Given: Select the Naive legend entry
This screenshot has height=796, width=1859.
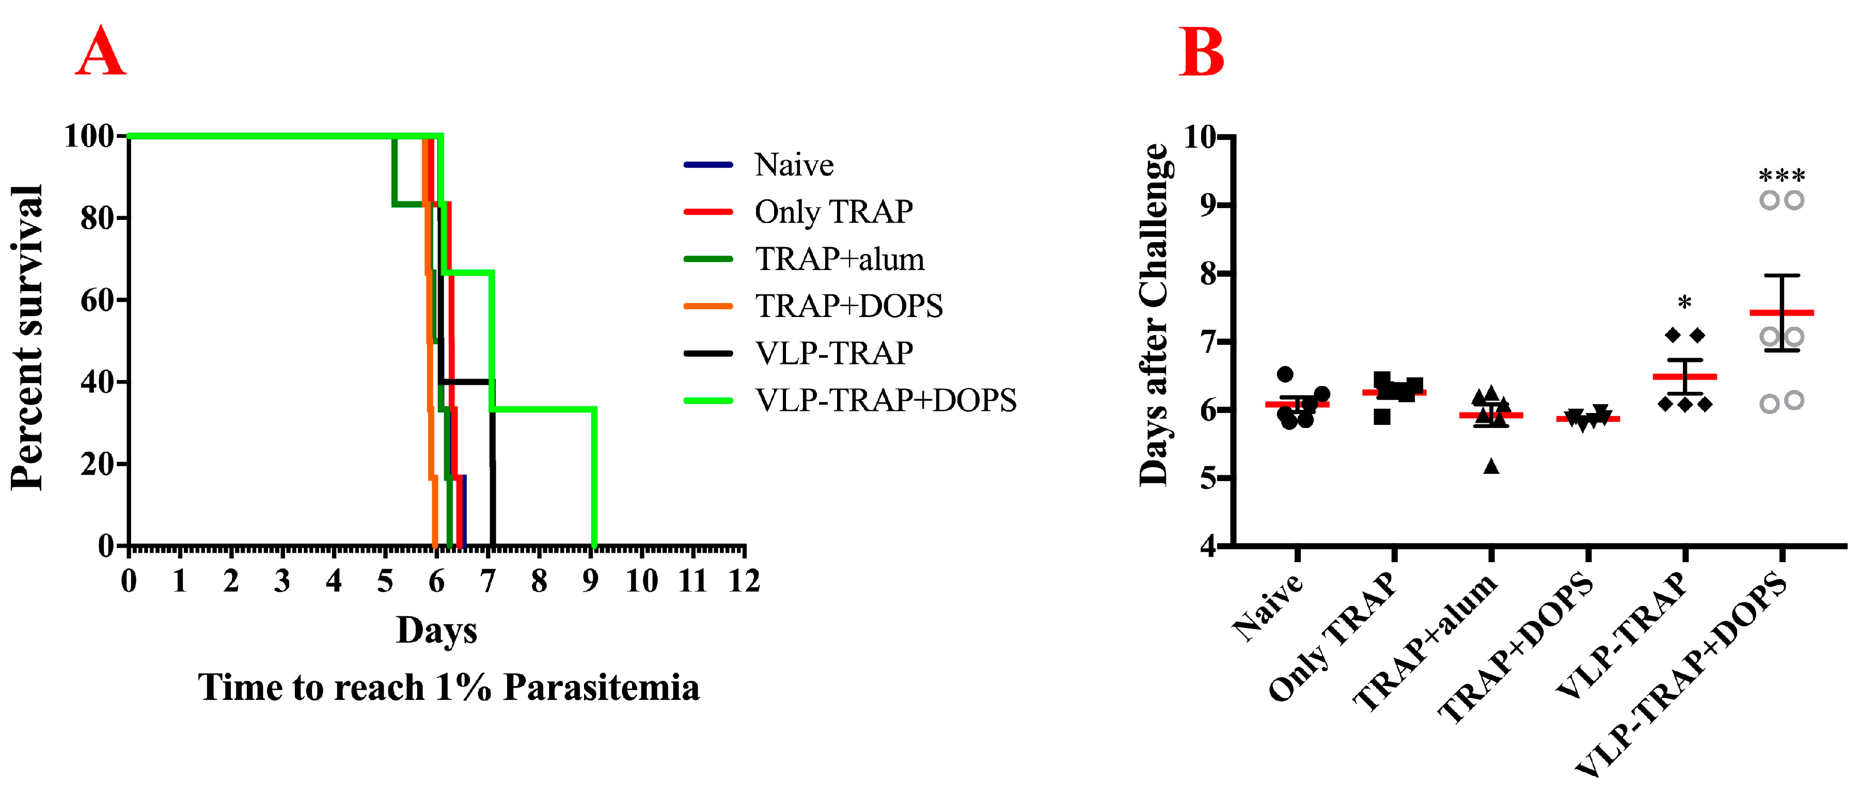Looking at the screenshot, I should click(x=793, y=165).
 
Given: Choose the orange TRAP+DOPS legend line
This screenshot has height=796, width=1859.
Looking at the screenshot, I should click(x=708, y=306).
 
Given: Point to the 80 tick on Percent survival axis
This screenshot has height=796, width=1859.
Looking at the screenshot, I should click(x=98, y=218).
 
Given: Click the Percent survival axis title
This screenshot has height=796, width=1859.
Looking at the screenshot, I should click(x=27, y=338).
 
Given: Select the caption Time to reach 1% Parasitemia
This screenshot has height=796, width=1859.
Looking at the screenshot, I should click(x=448, y=687).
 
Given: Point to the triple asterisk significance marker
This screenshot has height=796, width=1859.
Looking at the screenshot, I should click(x=1781, y=176).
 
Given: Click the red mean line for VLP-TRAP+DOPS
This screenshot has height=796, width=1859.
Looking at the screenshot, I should click(x=1781, y=312).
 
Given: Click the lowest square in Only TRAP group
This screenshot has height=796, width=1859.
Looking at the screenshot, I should click(x=1381, y=417).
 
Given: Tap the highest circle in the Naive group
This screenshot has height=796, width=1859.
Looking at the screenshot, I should click(x=1285, y=374).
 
